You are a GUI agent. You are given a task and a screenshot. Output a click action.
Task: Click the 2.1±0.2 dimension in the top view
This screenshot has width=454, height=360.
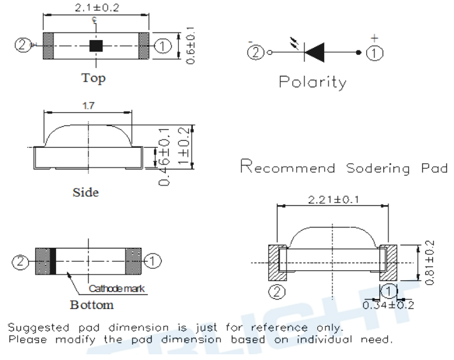pyautogui.click(x=96, y=8)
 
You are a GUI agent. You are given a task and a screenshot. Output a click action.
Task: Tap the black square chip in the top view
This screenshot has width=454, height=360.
pyautogui.click(x=96, y=45)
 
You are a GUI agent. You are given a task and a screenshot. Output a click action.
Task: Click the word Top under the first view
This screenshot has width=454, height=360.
pyautogui.click(x=94, y=79)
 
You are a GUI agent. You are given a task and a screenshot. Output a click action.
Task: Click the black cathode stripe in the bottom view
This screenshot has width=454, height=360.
pyautogui.click(x=53, y=261)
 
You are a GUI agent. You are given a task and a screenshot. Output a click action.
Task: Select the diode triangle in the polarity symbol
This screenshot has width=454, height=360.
pyautogui.click(x=315, y=52)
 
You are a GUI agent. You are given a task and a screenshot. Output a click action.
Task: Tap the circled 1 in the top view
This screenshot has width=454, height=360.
pyautogui.click(x=162, y=45)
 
